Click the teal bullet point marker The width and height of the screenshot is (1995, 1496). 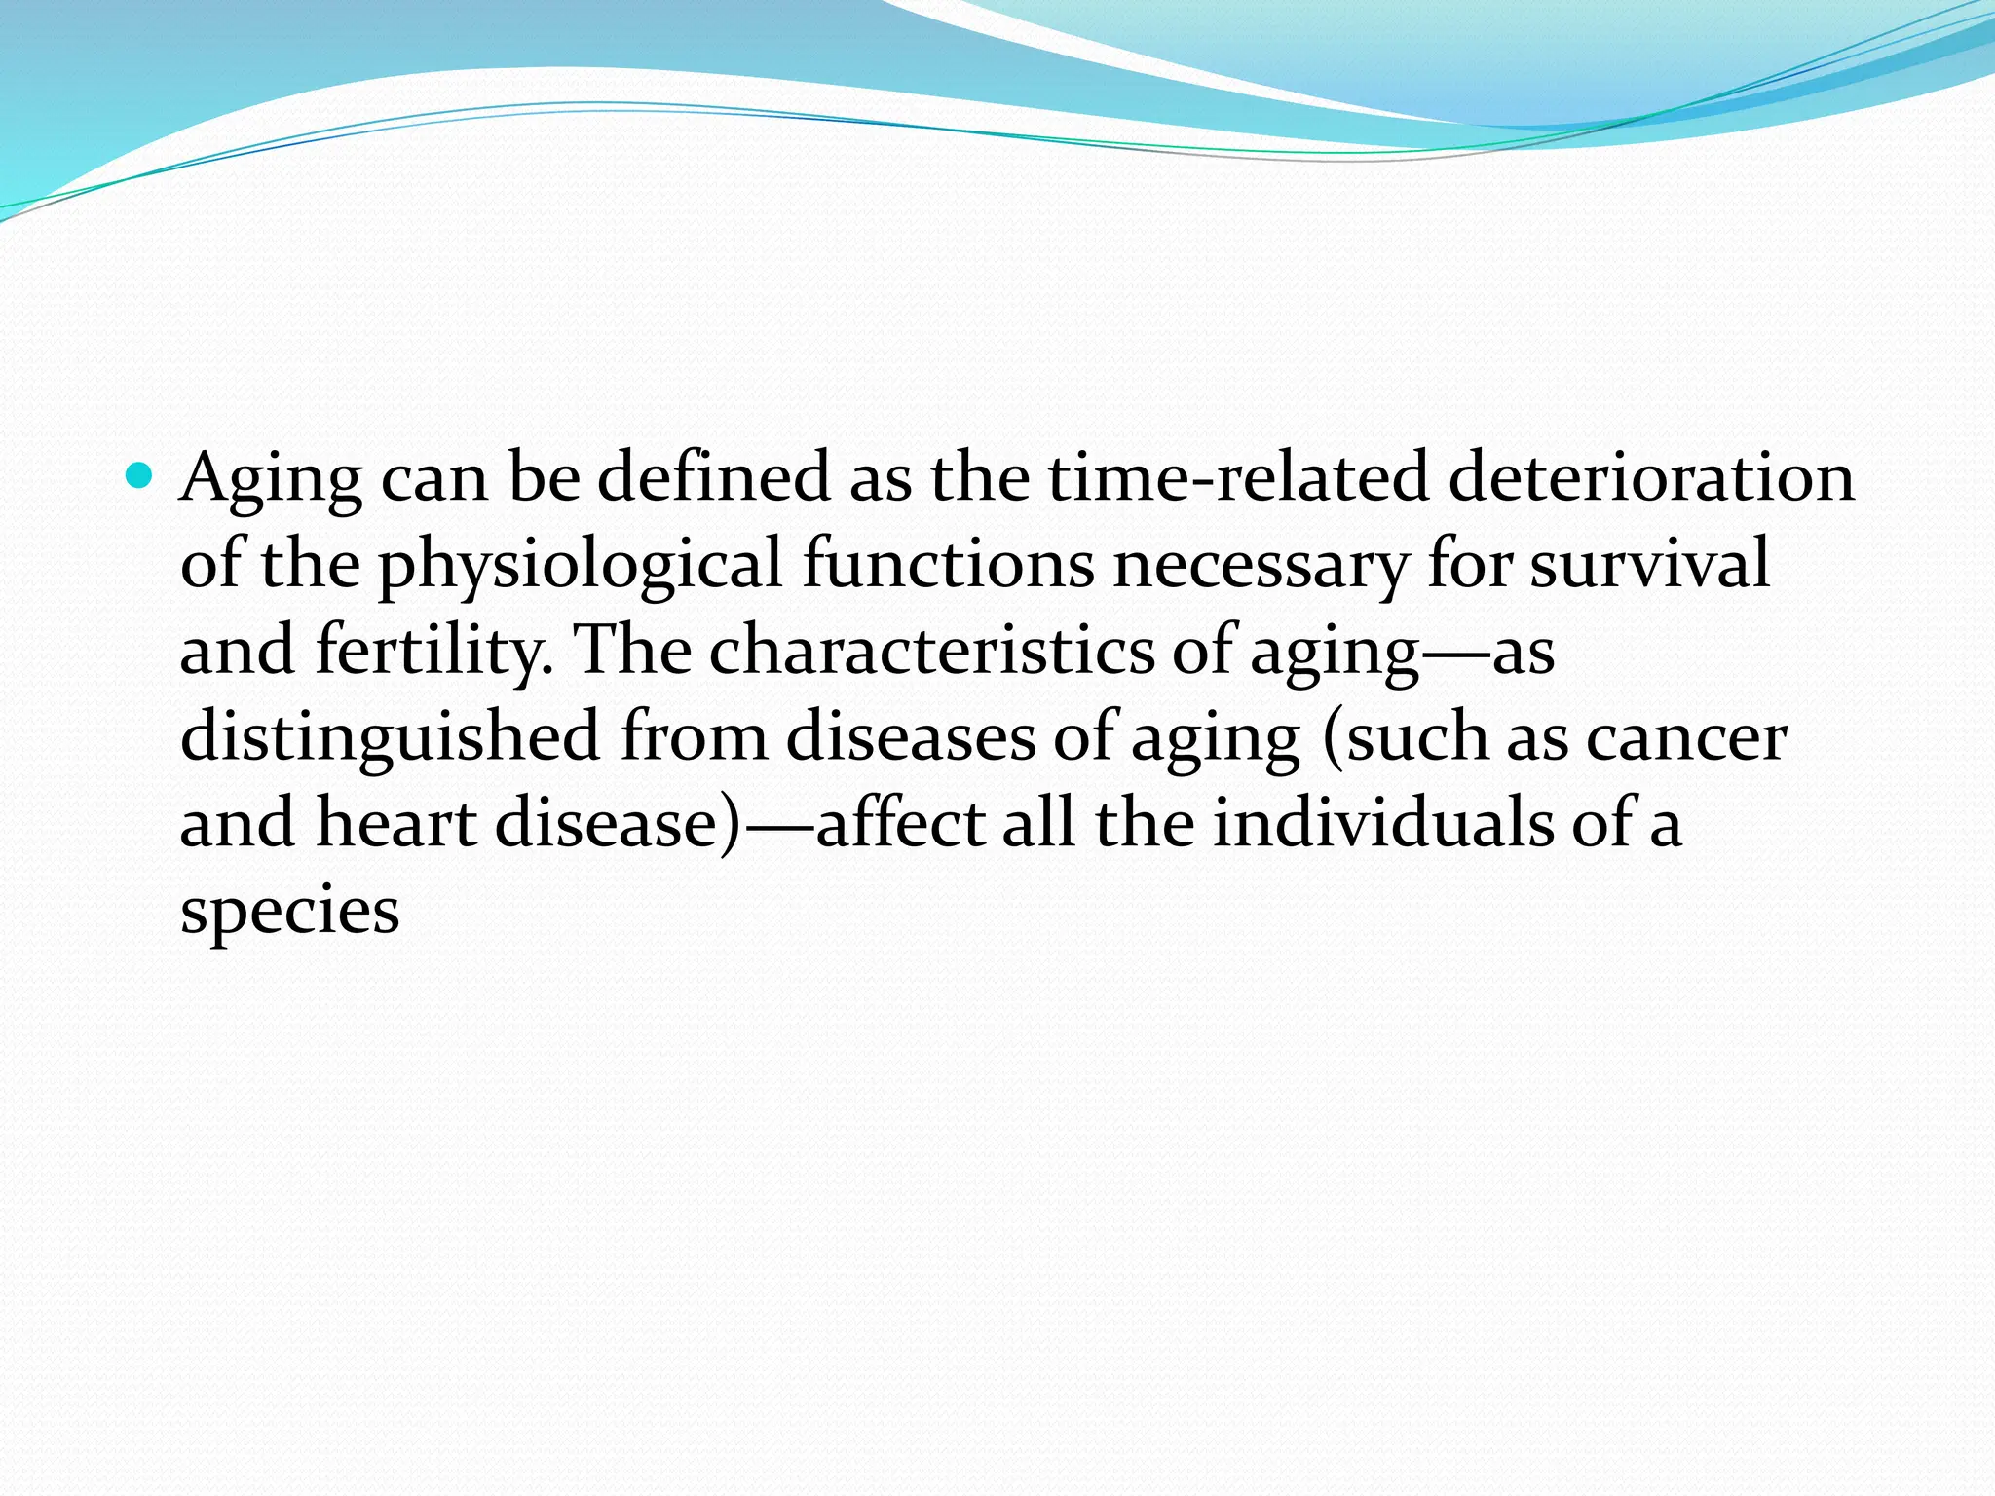click(141, 477)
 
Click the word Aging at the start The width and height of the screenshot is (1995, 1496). click(270, 479)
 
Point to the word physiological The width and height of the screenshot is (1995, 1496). click(580, 566)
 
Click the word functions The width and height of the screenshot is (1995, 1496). click(947, 564)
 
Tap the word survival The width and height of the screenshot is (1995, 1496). click(1649, 564)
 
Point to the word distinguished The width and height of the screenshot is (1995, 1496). click(390, 737)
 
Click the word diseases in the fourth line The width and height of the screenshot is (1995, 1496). click(910, 737)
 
